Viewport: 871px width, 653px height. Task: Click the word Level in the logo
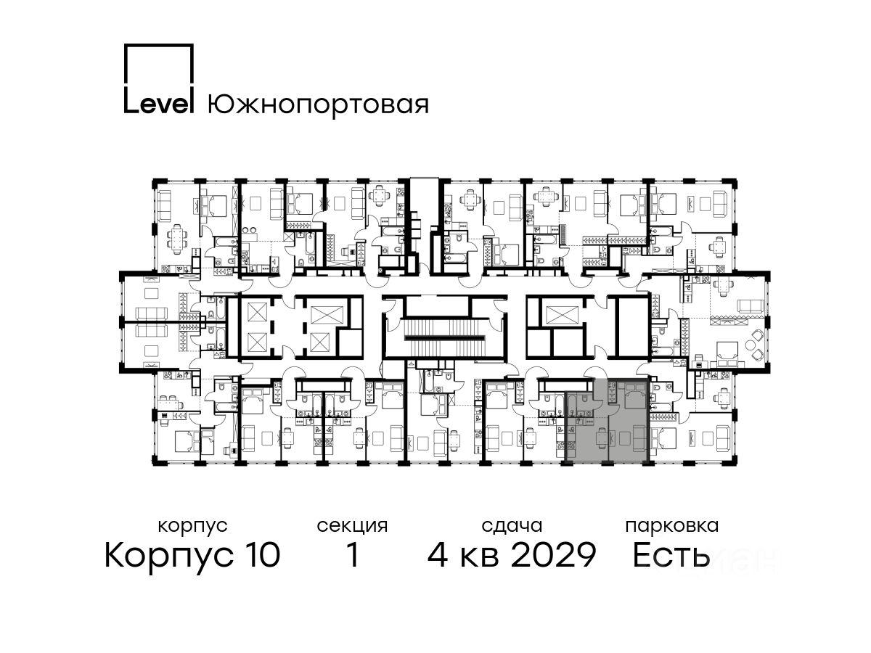coord(158,104)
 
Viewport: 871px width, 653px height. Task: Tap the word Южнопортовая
coord(318,106)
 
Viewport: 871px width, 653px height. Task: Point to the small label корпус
coord(192,527)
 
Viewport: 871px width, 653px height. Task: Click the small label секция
coord(352,527)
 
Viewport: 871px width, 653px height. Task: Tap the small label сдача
coord(512,527)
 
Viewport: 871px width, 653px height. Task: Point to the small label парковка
coord(672,527)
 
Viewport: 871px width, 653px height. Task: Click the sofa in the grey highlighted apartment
coord(639,437)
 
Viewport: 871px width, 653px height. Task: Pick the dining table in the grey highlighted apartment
coord(602,438)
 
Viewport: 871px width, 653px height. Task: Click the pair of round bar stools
coord(249,229)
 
